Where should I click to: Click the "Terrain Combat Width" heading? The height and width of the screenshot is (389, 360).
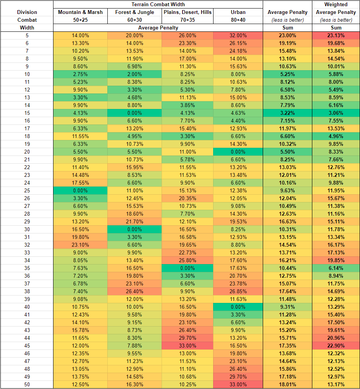click(158, 4)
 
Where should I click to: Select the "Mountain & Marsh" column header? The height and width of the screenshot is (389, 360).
click(80, 12)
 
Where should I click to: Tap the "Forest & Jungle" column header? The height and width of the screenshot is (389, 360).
click(134, 12)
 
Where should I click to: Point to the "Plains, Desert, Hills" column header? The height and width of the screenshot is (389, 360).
click(188, 12)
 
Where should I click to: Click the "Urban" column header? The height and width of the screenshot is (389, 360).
click(238, 12)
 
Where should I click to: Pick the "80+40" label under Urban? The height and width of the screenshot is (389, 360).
click(238, 20)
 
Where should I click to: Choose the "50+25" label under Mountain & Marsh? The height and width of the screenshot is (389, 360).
click(80, 20)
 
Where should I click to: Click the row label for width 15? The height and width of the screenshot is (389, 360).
click(27, 112)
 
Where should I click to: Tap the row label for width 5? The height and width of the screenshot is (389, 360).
click(27, 35)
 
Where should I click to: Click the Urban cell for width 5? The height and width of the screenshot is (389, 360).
click(238, 35)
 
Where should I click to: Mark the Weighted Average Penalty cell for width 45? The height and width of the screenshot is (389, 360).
click(336, 346)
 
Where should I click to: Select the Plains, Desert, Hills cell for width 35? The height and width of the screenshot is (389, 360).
click(188, 268)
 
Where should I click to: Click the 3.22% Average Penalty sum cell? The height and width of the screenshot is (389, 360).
click(288, 112)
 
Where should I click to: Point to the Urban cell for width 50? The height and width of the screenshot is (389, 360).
click(238, 384)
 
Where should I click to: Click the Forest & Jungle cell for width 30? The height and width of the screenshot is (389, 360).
click(134, 229)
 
